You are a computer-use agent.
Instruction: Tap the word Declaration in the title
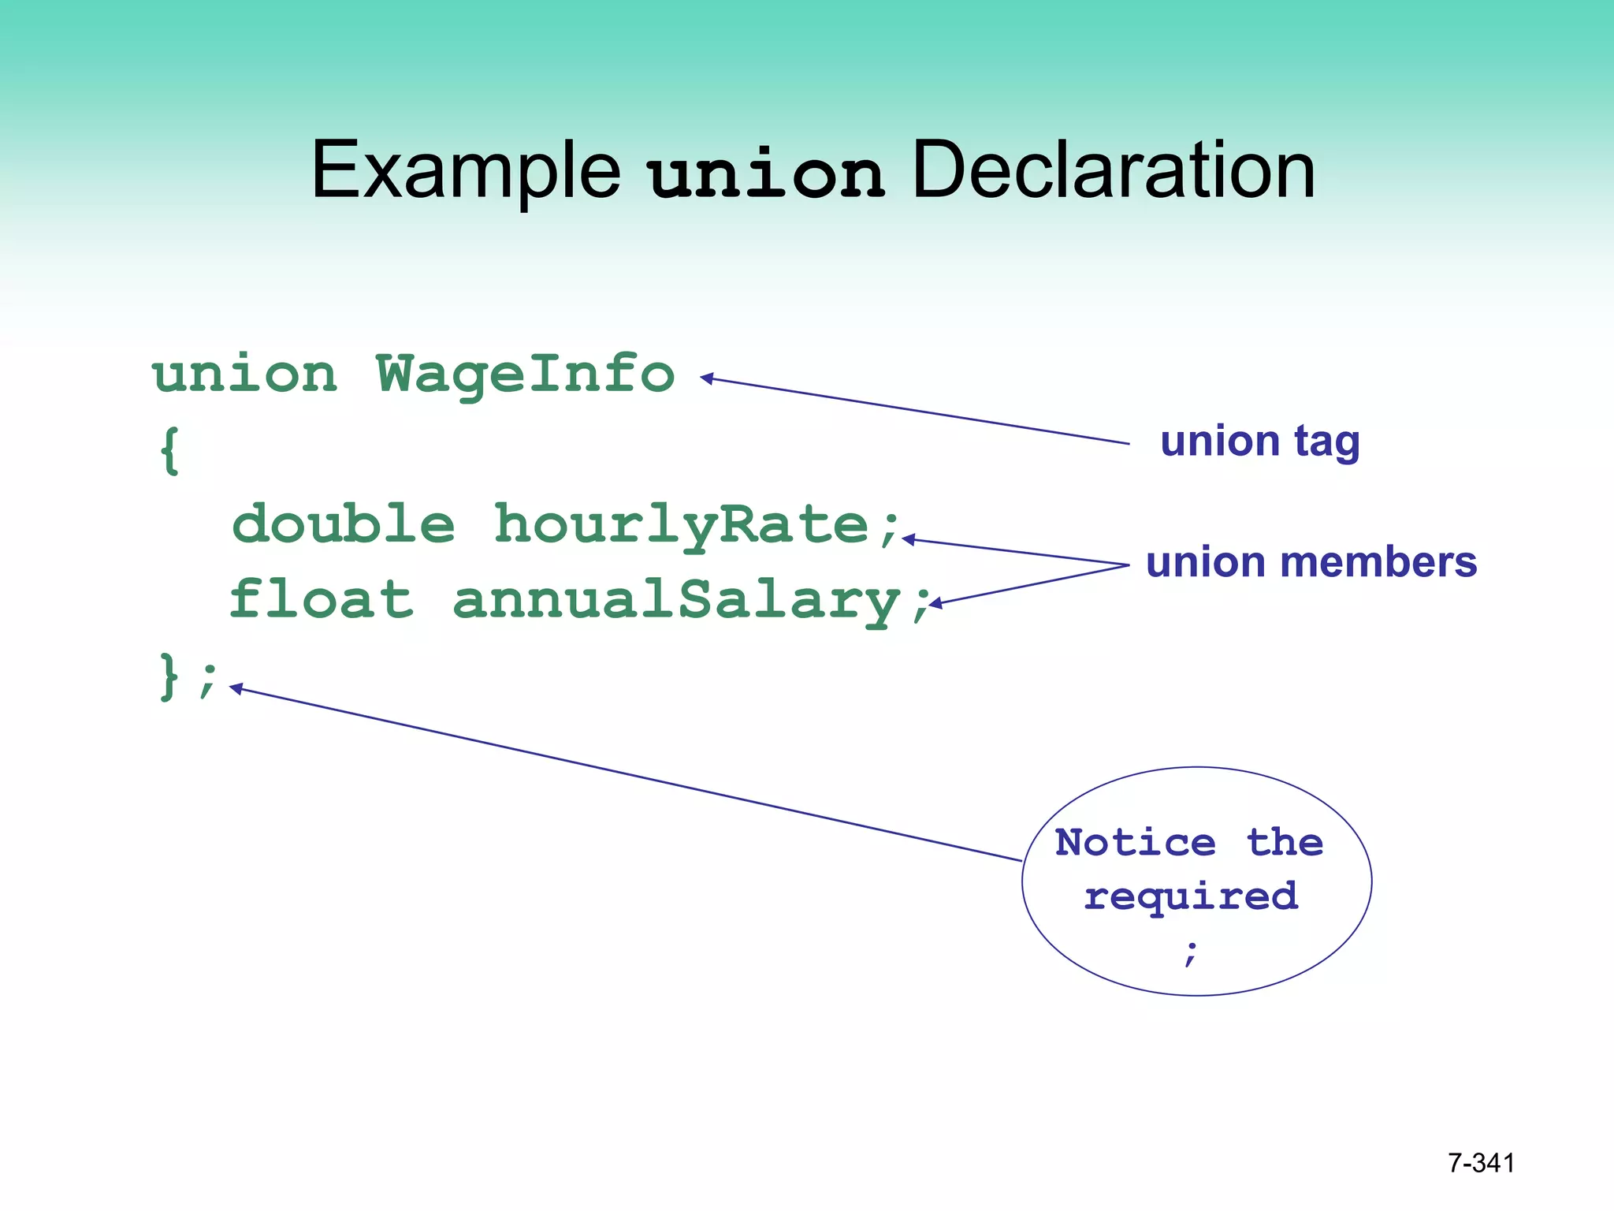pyautogui.click(x=1113, y=170)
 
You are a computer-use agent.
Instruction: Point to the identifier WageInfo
pyautogui.click(x=526, y=375)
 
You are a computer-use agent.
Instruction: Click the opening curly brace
pyautogui.click(x=169, y=450)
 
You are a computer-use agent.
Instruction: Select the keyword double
pyautogui.click(x=344, y=524)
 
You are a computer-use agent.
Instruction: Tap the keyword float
pyautogui.click(x=322, y=599)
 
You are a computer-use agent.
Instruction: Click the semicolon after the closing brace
pyautogui.click(x=207, y=680)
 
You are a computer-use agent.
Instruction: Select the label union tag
pyautogui.click(x=1259, y=442)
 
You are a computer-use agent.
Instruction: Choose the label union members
pyautogui.click(x=1311, y=563)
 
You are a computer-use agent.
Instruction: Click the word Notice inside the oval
pyautogui.click(x=1135, y=843)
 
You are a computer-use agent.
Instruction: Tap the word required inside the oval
pyautogui.click(x=1190, y=897)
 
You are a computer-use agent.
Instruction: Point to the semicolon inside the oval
pyautogui.click(x=1191, y=952)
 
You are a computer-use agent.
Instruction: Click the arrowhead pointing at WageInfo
pyautogui.click(x=707, y=378)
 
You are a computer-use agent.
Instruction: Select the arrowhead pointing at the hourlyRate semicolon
pyautogui.click(x=909, y=539)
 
